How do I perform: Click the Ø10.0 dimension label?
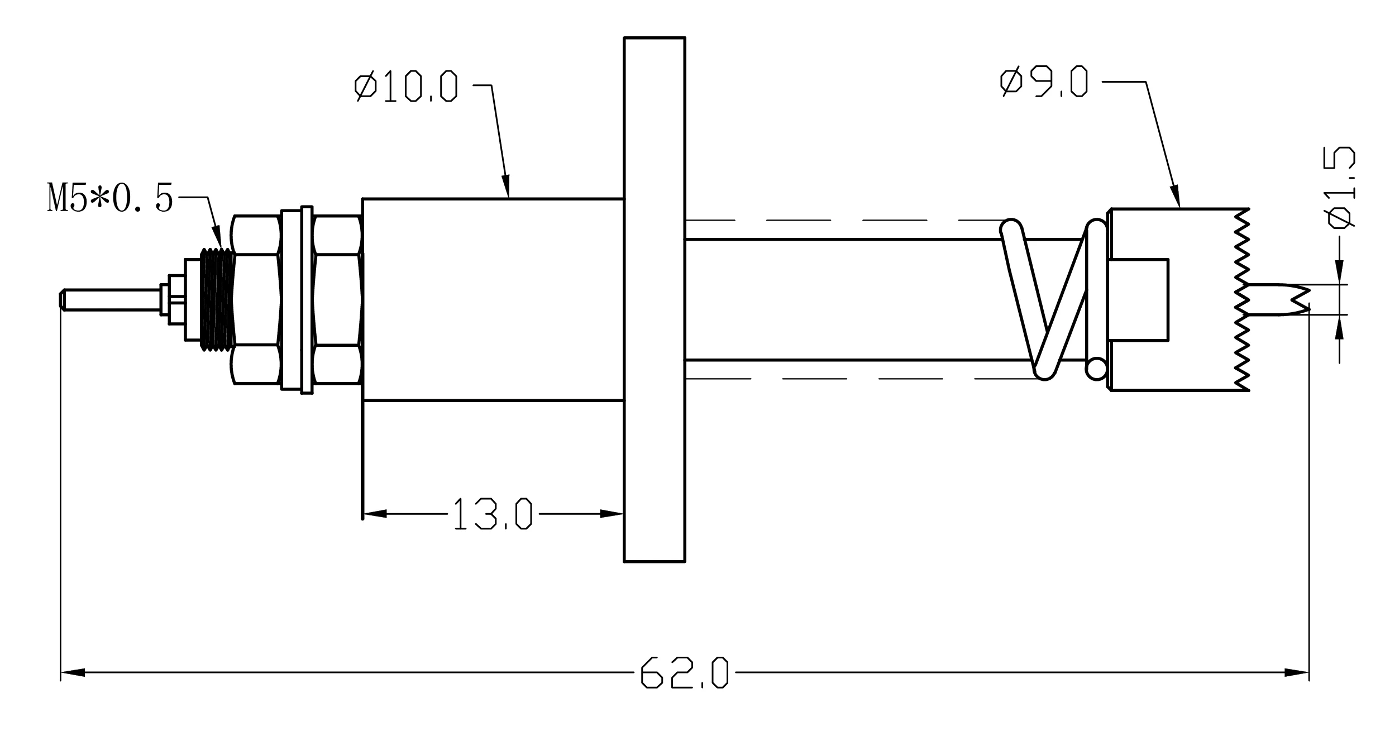pyautogui.click(x=406, y=87)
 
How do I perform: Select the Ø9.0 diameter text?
pyautogui.click(x=1044, y=82)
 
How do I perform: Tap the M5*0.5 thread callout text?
pyautogui.click(x=110, y=198)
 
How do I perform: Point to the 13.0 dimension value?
pyautogui.click(x=492, y=514)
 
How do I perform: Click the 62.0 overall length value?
pyautogui.click(x=685, y=672)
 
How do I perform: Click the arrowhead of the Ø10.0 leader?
pyautogui.click(x=506, y=187)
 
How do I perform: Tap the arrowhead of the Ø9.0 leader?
pyautogui.click(x=1175, y=196)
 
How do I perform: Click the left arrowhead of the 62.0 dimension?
pyautogui.click(x=73, y=672)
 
